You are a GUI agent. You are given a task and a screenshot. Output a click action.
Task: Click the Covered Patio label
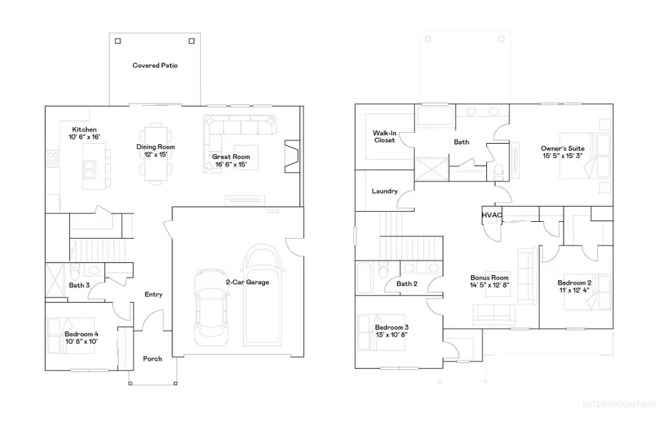[155, 66]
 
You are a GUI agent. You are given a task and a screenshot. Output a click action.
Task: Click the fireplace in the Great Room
[291, 155]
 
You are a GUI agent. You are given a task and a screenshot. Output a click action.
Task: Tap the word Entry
[153, 295]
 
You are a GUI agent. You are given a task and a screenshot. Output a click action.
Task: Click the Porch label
[153, 358]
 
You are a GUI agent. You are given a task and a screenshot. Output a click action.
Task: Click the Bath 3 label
[79, 285]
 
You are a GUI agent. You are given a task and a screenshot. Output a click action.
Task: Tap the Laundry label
[384, 191]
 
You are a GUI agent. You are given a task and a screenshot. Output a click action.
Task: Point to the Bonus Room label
[488, 277]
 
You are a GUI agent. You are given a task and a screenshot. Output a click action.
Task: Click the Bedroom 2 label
[574, 283]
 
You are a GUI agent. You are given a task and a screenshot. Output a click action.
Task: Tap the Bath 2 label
[406, 284]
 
